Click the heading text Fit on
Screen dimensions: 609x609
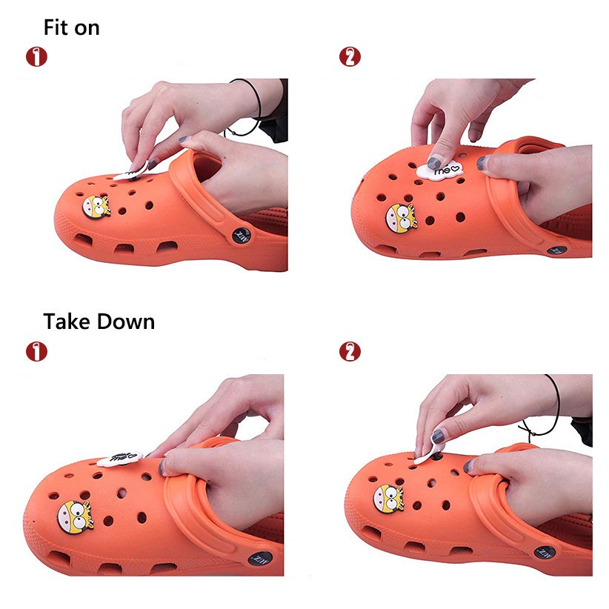coord(71,28)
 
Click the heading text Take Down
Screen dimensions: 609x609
coord(99,322)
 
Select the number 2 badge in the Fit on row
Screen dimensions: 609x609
coord(350,56)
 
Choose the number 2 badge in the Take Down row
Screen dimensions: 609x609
coord(350,351)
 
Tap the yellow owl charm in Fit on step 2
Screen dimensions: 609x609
coord(401,215)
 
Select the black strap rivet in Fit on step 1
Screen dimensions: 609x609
coord(244,234)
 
